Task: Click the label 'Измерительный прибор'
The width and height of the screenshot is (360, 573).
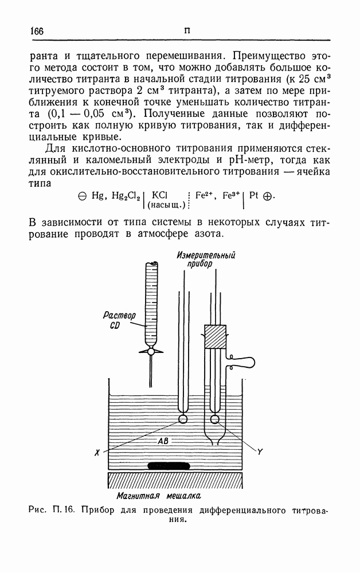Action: (x=199, y=259)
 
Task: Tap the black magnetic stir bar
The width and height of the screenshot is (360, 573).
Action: (x=169, y=465)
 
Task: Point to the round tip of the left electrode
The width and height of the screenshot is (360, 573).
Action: (x=183, y=418)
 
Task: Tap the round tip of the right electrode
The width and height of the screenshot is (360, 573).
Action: (x=216, y=419)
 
